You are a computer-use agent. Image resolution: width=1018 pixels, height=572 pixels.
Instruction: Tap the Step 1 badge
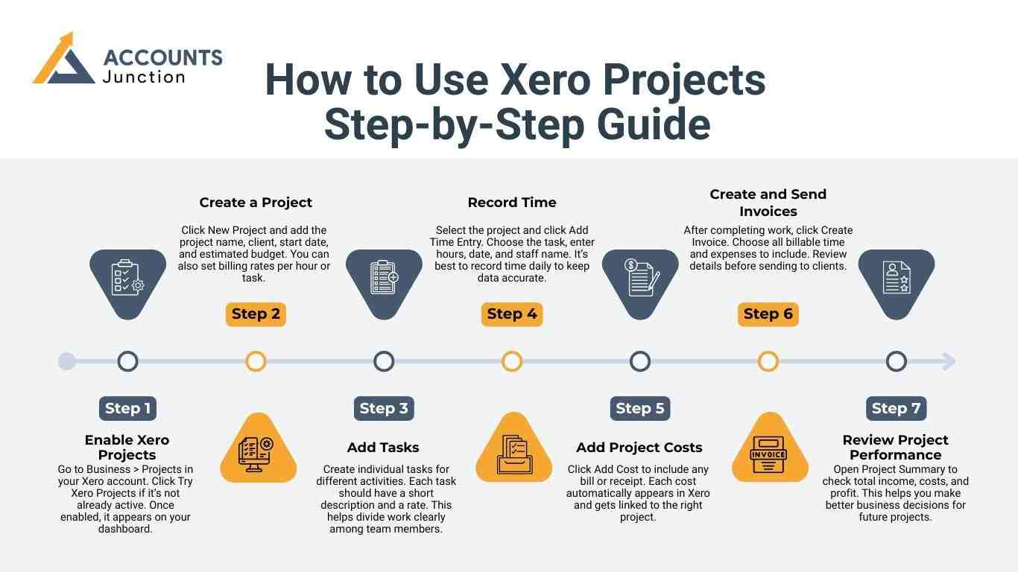point(127,408)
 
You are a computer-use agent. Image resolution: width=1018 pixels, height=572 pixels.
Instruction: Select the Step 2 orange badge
point(256,314)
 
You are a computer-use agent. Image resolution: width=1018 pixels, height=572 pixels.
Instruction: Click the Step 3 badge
point(384,408)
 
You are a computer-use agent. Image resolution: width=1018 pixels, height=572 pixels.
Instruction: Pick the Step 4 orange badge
point(512,314)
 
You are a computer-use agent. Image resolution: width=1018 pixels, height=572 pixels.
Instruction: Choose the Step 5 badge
point(639,408)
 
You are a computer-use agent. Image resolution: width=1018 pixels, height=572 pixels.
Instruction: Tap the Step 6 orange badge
point(768,314)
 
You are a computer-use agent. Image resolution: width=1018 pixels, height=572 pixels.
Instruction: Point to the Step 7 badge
point(896,408)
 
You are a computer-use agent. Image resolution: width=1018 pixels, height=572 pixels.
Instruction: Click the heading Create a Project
point(256,203)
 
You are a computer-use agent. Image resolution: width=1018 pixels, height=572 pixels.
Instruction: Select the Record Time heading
point(512,203)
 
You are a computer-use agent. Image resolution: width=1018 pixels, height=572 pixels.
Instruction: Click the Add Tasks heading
point(383,448)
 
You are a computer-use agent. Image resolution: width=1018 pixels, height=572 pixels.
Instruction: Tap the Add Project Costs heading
point(639,448)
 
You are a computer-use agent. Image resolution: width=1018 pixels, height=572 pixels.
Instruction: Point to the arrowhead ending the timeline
point(949,362)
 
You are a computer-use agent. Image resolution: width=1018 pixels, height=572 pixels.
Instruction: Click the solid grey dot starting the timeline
point(67,362)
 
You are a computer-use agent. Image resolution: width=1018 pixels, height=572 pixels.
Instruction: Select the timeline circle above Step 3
point(384,362)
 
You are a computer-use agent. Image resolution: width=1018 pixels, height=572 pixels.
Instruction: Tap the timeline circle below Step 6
point(768,362)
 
